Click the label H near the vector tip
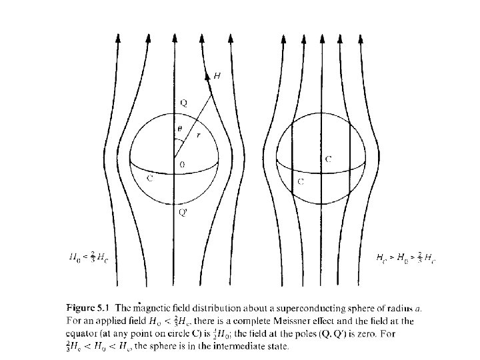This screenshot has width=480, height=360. [x=217, y=76]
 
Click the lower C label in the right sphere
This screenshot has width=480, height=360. [x=303, y=181]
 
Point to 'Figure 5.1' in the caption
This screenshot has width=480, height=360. [x=90, y=307]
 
